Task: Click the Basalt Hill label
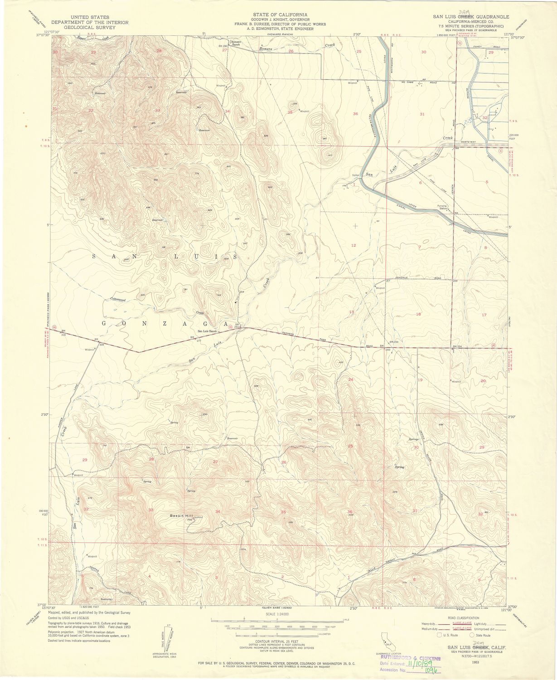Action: point(181,516)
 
